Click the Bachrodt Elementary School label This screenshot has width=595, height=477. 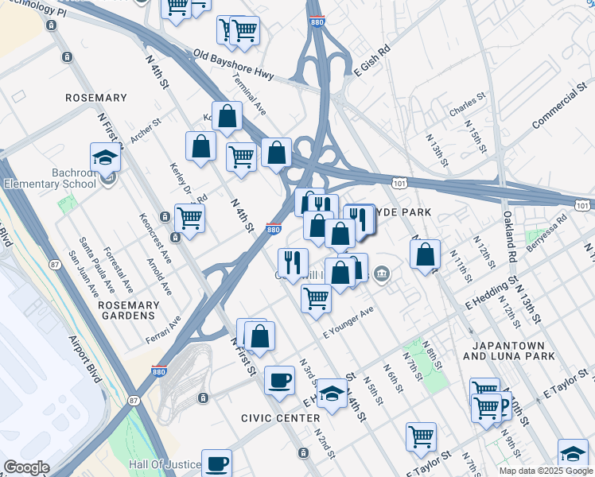[54, 179]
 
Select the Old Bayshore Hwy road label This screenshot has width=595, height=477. [233, 65]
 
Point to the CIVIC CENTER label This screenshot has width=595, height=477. [274, 417]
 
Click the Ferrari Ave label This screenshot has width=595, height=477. [163, 330]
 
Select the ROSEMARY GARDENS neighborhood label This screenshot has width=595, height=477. [126, 310]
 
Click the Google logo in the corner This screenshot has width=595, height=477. [26, 467]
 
